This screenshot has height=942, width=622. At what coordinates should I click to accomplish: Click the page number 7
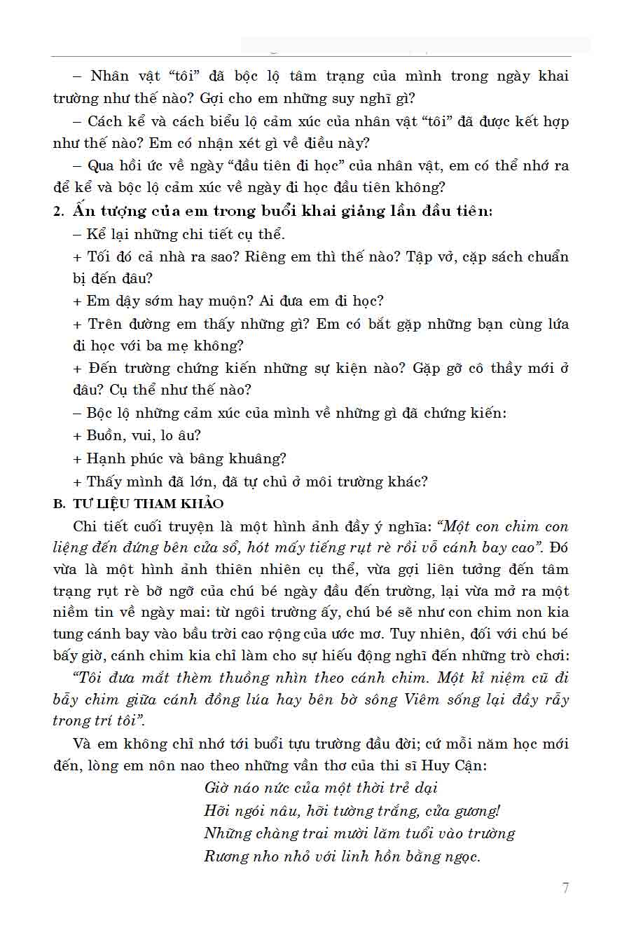[x=565, y=888]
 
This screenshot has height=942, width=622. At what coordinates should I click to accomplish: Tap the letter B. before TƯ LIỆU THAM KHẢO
[x=59, y=504]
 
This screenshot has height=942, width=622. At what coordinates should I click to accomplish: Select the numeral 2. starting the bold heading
[x=59, y=212]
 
